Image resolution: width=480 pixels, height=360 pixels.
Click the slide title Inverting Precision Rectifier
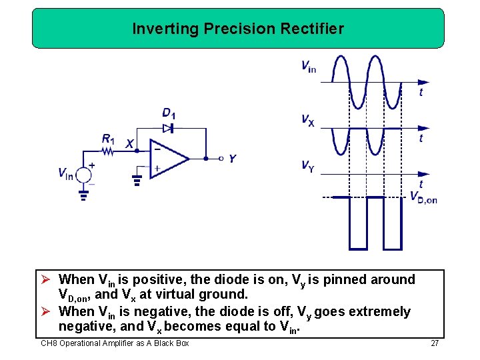pos(238,29)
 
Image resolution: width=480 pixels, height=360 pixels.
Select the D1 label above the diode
pos(169,113)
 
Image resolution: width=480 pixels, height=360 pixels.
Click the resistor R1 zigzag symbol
pos(109,151)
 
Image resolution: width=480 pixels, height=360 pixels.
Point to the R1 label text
pos(108,139)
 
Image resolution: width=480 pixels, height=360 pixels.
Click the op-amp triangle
pos(169,159)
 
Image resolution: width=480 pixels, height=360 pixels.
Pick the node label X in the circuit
pos(129,144)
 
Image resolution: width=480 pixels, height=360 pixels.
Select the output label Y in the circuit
pos(232,159)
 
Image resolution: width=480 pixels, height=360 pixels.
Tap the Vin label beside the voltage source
pos(65,175)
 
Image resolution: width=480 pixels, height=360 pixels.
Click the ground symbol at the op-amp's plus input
pos(137,179)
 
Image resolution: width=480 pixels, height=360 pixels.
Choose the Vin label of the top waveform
pos(309,66)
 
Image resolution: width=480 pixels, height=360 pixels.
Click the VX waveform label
pos(308,121)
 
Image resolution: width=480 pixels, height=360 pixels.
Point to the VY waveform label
pos(307,166)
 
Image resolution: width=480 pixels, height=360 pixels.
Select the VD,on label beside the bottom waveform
pos(423,197)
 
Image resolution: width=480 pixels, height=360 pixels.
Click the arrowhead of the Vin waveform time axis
pos(423,82)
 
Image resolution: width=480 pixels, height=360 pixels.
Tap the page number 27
pos(435,343)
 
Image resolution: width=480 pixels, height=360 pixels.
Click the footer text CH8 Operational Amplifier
pos(115,343)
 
